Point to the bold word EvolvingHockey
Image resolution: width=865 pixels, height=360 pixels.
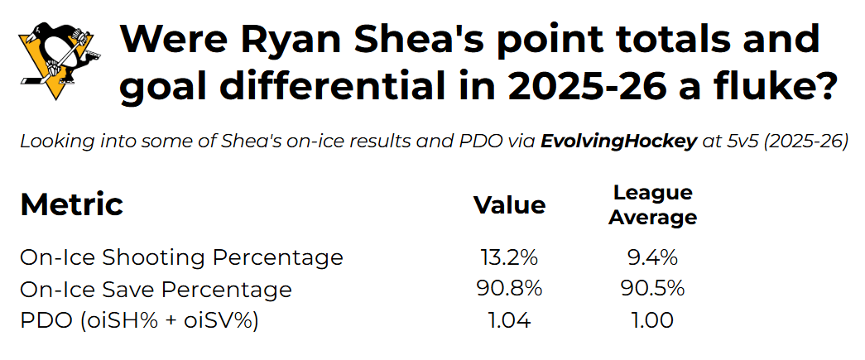coord(618,142)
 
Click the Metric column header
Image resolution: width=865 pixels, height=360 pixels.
coord(72,204)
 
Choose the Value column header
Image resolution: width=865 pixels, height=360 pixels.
coord(510,205)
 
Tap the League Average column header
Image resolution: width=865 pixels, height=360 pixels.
coord(652,205)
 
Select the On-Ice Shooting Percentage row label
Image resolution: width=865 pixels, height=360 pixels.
coord(181,257)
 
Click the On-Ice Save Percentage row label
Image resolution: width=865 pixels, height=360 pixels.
coord(156,290)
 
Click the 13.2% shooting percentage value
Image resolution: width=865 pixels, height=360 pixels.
coord(510,257)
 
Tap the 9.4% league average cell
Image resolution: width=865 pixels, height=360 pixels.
coord(652,257)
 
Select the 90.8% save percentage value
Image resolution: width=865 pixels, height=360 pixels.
coord(510,289)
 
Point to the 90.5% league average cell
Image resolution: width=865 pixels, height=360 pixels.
coord(652,289)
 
